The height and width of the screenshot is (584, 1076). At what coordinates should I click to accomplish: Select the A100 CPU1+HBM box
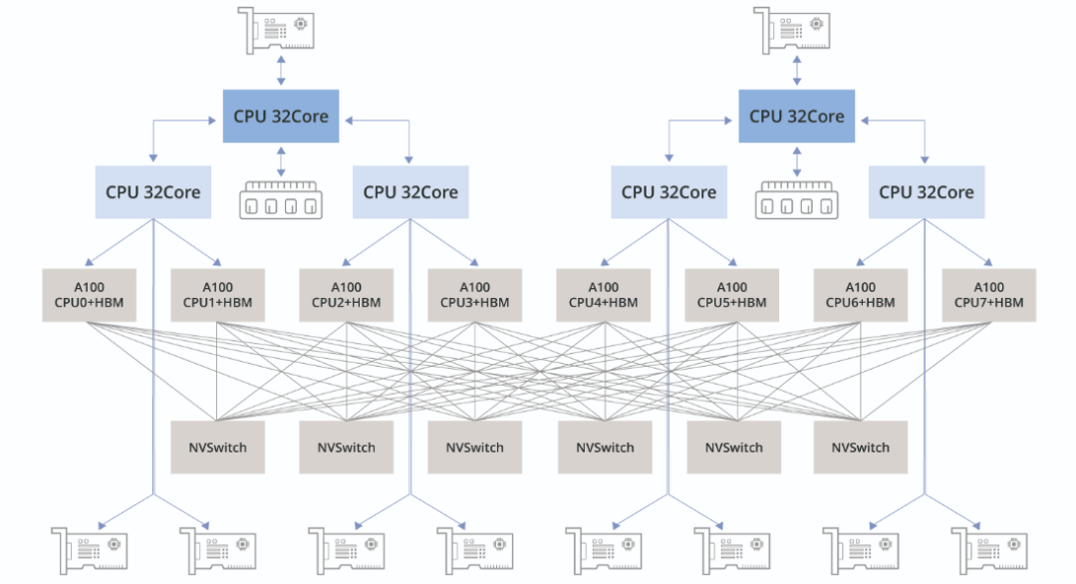216,294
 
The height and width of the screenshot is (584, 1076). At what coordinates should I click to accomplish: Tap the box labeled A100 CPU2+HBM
345,294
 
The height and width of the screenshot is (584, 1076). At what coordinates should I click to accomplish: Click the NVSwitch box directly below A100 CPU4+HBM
605,446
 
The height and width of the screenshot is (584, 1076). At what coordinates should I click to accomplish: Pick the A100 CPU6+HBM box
860,294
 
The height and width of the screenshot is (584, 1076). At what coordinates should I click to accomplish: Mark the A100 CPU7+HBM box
988,294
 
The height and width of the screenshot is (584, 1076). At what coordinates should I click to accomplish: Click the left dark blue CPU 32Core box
281,116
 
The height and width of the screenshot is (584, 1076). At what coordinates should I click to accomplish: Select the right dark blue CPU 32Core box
797,116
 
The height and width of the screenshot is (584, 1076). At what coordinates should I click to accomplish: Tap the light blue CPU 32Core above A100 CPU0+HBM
153,191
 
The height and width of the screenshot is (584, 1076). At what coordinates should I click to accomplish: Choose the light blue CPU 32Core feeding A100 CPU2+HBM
410,191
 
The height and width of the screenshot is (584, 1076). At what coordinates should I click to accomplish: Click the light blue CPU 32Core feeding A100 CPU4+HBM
669,191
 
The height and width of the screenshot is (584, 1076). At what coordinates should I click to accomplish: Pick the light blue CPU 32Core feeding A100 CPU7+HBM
927,191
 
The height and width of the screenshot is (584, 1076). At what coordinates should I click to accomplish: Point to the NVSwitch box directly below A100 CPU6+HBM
861,446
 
